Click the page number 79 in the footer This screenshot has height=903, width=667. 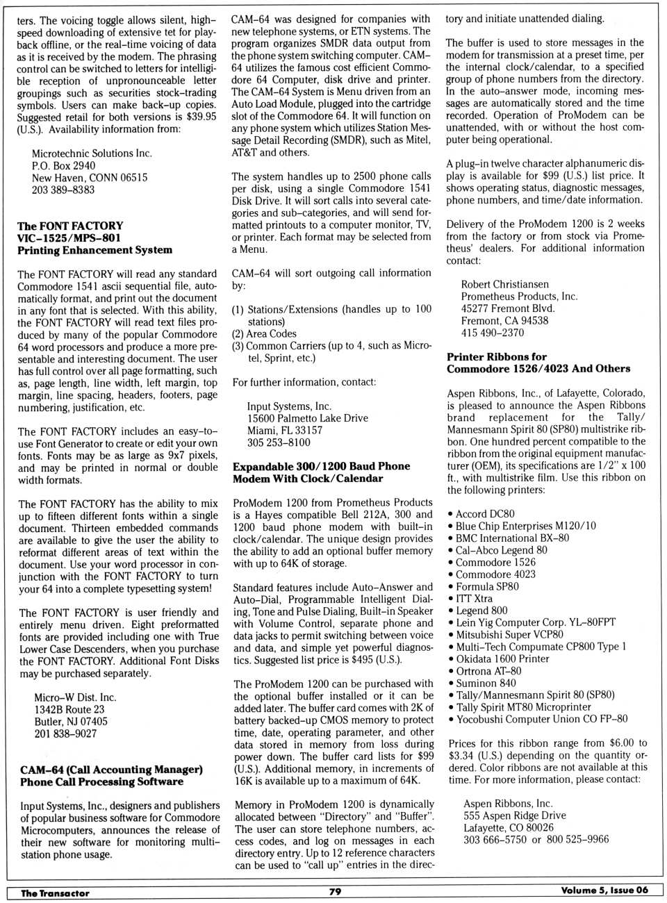(335, 891)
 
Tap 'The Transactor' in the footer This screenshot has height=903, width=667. (55, 893)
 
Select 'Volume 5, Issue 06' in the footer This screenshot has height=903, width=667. (604, 890)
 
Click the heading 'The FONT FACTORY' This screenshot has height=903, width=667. (70, 226)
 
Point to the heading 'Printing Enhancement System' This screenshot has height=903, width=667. (94, 250)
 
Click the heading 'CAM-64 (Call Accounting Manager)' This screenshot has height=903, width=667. (111, 770)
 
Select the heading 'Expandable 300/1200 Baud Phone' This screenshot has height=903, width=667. (321, 466)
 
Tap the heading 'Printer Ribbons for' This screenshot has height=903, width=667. (496, 356)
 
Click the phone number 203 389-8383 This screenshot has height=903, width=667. (63, 190)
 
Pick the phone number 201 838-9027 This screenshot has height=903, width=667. (65, 734)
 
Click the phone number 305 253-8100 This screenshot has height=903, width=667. (279, 442)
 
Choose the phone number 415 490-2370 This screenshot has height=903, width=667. (493, 333)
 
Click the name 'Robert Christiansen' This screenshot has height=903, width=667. (504, 284)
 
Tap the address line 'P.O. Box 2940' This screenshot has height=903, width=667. (63, 165)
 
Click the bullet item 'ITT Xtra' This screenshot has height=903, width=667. (474, 598)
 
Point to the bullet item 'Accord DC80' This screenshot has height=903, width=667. (485, 514)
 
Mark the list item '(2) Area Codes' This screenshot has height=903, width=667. (264, 333)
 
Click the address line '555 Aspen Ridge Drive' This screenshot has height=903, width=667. (514, 815)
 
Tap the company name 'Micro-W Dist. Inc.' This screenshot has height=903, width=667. (75, 697)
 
